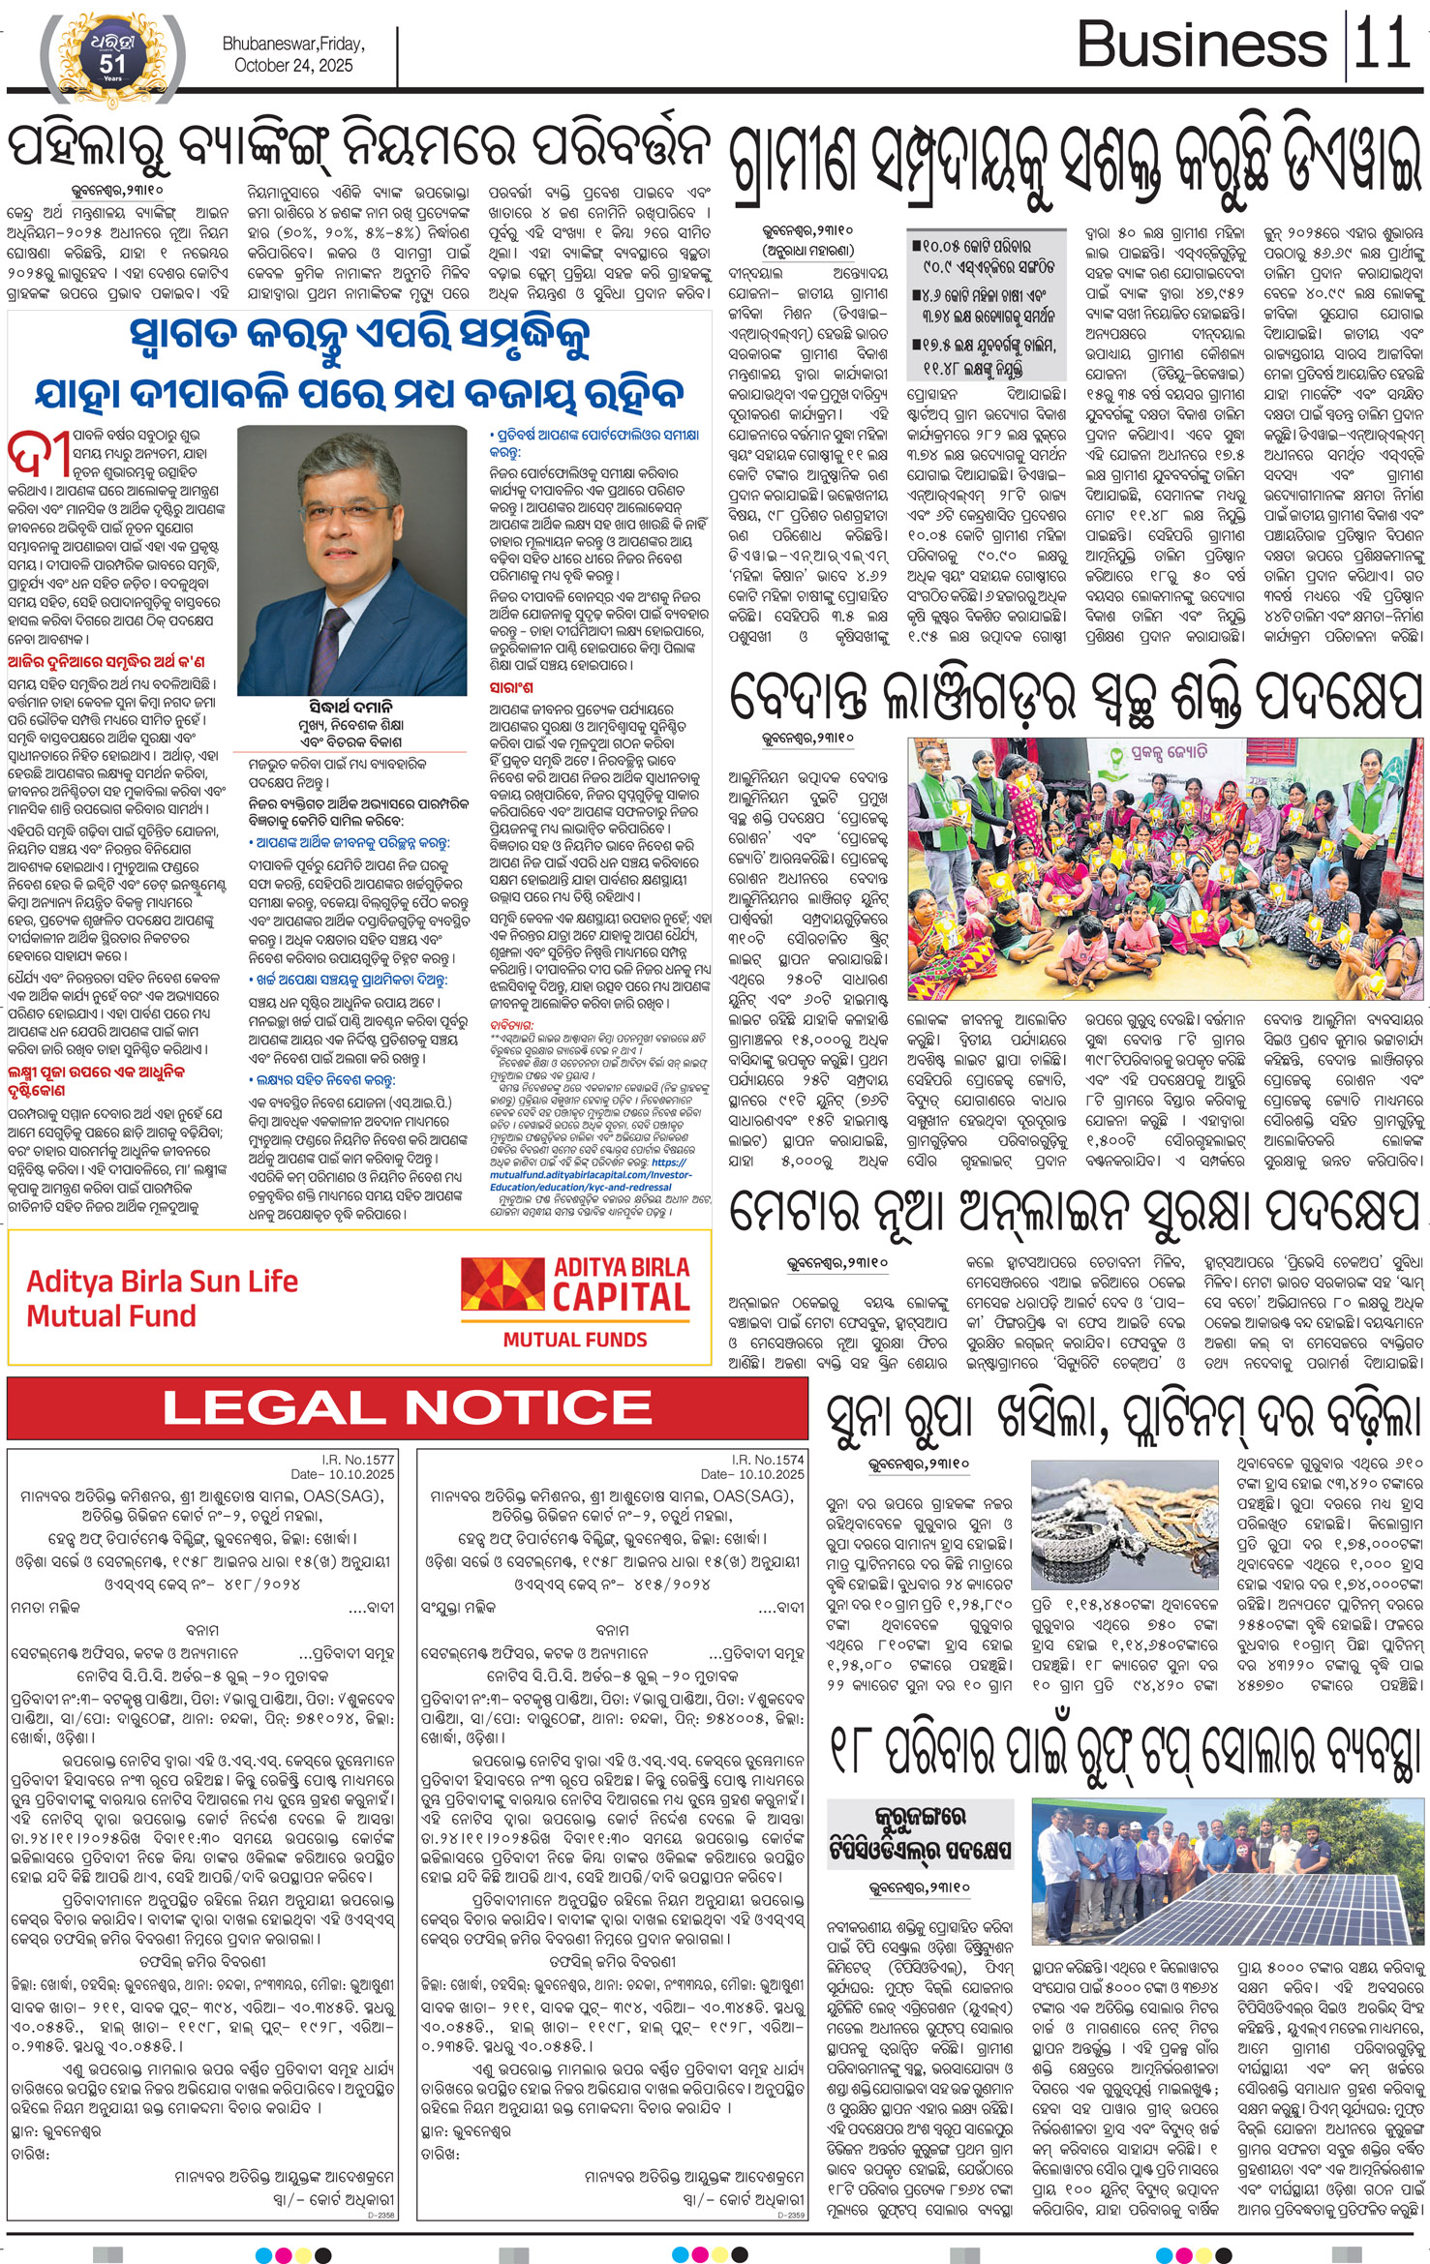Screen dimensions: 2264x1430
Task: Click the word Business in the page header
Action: (1201, 45)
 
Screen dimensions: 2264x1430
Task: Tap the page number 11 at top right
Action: (1382, 45)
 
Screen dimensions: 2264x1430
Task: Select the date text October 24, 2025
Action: (293, 66)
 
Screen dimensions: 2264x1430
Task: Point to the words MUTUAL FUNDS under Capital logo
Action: (575, 1340)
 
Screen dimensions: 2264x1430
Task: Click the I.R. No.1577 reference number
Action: (357, 1459)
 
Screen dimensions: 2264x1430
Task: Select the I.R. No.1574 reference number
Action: (767, 1459)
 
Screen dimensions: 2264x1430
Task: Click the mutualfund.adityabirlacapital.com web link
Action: (604, 1175)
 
